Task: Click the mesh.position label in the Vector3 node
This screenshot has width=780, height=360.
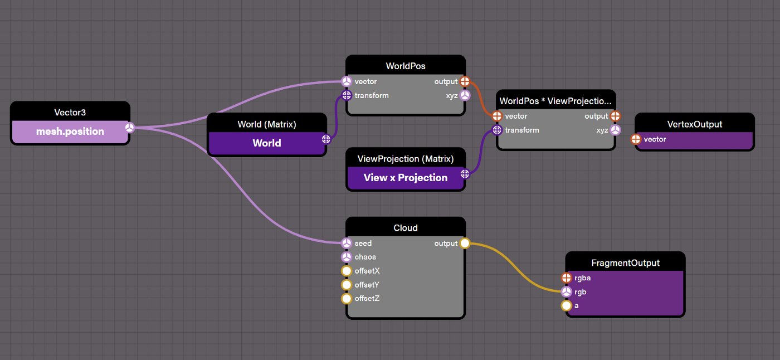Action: pos(70,132)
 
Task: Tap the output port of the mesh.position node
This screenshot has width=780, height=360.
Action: pos(129,128)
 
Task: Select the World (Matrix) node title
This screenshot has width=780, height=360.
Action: pos(267,124)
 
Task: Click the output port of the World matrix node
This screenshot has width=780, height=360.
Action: pos(326,139)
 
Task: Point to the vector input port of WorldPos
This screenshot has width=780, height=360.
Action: pos(347,81)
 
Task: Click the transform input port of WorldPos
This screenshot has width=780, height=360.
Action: pos(347,95)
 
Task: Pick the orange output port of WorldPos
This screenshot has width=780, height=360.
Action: pos(465,81)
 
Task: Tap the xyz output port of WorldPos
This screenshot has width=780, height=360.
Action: pos(465,95)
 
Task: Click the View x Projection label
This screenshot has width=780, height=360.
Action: pos(406,178)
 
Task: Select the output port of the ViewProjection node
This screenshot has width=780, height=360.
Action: pos(465,174)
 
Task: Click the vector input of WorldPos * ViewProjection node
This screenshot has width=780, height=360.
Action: pos(497,116)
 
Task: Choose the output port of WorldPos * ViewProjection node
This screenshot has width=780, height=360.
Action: pos(615,116)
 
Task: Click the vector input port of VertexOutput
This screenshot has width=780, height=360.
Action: pos(636,139)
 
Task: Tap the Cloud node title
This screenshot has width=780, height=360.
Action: pos(406,228)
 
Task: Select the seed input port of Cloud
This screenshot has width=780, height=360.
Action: pos(347,243)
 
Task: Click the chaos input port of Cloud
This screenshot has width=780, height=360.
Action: pos(347,257)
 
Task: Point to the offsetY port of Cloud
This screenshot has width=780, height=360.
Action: pos(347,285)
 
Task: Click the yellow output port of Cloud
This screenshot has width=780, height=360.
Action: pos(465,243)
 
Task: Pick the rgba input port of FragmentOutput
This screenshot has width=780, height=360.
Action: pos(567,278)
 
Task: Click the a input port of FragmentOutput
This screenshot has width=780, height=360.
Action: pos(567,306)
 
